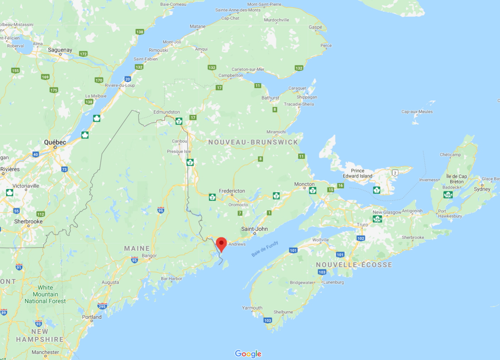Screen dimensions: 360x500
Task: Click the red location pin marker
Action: (221, 244)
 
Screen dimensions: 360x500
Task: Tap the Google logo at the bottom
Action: (248, 354)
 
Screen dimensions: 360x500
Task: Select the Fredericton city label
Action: (232, 191)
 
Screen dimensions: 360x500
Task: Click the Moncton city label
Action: (304, 184)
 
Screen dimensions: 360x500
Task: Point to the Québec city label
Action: (55, 142)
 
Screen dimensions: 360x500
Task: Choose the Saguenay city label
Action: (60, 50)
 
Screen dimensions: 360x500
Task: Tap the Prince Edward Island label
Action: (358, 173)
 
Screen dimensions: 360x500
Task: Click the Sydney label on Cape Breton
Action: (482, 189)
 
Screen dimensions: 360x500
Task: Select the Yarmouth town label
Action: (252, 308)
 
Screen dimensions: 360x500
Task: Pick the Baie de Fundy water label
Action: (265, 249)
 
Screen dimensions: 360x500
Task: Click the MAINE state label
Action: (137, 249)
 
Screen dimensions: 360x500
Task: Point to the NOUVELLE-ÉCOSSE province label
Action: (354, 265)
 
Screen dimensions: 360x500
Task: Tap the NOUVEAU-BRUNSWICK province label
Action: (253, 142)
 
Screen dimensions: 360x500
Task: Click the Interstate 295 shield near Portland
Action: (102, 306)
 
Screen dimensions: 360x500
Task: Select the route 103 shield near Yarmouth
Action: (268, 320)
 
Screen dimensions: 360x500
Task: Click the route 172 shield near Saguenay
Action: (83, 54)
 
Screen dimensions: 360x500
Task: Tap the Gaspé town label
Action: (315, 27)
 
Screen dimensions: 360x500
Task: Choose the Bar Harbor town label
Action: (172, 279)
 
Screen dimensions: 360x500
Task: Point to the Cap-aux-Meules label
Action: (417, 112)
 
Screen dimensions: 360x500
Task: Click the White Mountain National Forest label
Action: (45, 294)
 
